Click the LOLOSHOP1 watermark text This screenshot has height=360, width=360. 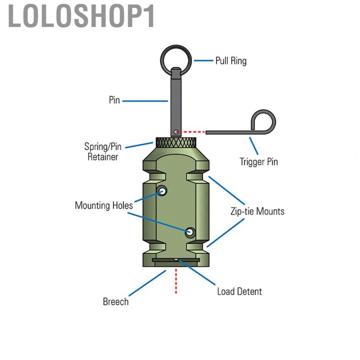tap(82, 17)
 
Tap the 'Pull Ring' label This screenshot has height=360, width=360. tap(231, 60)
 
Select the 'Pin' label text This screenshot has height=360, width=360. tap(114, 100)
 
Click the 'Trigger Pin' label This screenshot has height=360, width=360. tap(259, 161)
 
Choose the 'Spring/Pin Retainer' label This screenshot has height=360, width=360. tap(103, 151)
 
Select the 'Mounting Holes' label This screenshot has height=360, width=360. tap(104, 205)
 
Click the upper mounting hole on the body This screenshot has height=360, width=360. tap(162, 191)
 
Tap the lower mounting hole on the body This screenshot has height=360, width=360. tap(190, 233)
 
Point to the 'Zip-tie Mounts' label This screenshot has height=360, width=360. tap(257, 211)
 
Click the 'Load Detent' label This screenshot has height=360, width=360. tap(239, 291)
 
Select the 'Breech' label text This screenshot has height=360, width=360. tap(115, 301)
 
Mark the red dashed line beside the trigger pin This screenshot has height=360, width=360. tap(192, 132)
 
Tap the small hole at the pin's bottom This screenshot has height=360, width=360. tap(176, 132)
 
